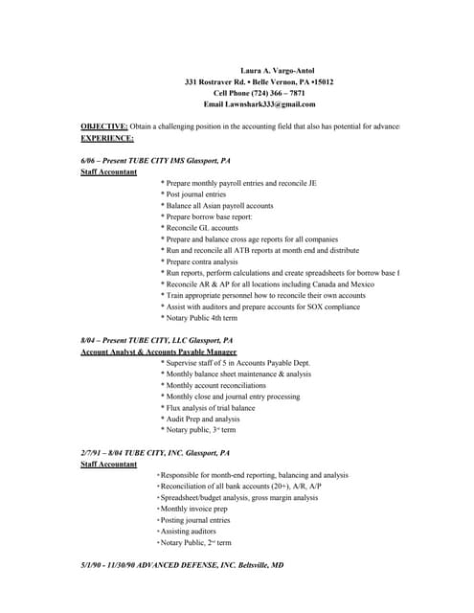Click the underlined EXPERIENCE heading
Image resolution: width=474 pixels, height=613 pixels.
point(107,138)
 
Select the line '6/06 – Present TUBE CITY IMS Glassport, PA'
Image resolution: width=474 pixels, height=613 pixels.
point(156,160)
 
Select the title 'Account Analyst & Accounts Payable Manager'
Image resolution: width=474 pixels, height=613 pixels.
point(159,352)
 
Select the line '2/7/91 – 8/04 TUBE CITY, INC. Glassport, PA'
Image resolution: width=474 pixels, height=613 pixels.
point(156,452)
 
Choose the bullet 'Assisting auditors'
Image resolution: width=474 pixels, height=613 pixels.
point(189,531)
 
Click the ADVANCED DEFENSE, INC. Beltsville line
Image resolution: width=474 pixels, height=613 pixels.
point(182,565)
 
